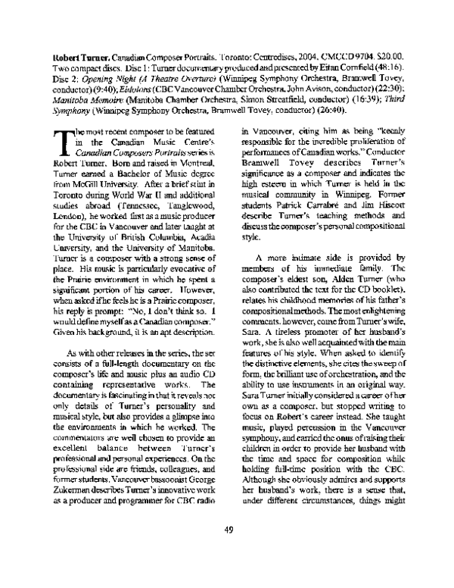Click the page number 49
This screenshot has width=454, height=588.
tap(227, 550)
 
